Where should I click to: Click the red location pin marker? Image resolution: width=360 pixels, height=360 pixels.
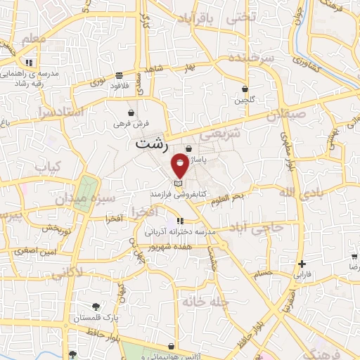pyautogui.click(x=180, y=165)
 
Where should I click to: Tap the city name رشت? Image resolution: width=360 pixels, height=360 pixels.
pyautogui.click(x=152, y=144)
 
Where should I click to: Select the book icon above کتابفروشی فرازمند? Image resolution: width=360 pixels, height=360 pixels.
pyautogui.click(x=177, y=183)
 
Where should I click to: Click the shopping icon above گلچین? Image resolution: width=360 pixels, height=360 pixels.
pyautogui.click(x=245, y=89)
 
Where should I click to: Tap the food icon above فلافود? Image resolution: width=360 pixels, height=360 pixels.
pyautogui.click(x=120, y=75)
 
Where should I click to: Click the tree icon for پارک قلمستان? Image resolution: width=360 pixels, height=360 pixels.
pyautogui.click(x=96, y=306)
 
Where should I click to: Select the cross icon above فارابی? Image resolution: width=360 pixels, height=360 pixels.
pyautogui.click(x=302, y=264)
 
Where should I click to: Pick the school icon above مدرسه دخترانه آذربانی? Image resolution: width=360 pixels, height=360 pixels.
pyautogui.click(x=181, y=220)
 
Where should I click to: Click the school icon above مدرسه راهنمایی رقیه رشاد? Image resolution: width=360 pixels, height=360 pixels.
pyautogui.click(x=49, y=62)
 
